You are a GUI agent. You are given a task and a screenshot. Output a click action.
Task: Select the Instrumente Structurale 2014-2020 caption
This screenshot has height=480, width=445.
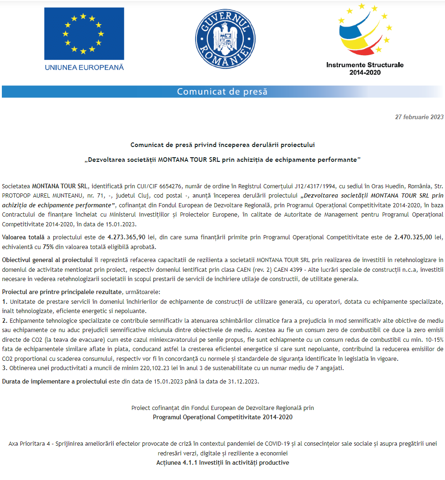pyautogui.click(x=365, y=68)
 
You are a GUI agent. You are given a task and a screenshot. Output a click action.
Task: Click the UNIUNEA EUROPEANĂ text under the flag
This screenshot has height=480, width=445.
pyautogui.click(x=84, y=67)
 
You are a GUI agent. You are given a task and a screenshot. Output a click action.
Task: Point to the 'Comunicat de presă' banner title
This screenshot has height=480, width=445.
pyautogui.click(x=222, y=91)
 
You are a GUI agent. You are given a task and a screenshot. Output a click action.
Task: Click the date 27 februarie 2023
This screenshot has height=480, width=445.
pyautogui.click(x=419, y=117)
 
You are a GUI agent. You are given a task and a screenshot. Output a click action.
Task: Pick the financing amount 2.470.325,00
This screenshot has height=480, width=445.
pyautogui.click(x=413, y=237)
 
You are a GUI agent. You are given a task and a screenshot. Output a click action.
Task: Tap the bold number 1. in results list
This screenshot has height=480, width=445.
pyautogui.click(x=5, y=301)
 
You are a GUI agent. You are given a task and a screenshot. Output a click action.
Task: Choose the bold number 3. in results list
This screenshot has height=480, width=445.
pyautogui.click(x=5, y=368)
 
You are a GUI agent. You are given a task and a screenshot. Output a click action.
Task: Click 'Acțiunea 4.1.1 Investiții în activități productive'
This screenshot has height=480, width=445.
pyautogui.click(x=222, y=462)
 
